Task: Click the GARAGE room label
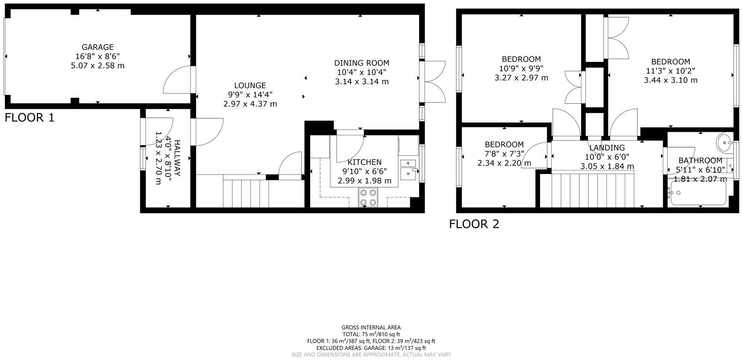pos(97,47)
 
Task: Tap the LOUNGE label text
pos(250,85)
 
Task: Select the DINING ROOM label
pos(361,63)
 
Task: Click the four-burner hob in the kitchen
pos(368,197)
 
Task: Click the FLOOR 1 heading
pos(30,118)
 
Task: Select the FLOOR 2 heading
pos(474,224)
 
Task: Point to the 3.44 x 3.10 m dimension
pos(670,80)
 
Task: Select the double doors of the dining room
pos(435,82)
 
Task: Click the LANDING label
pos(607,148)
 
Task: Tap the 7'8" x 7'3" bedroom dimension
pos(504,154)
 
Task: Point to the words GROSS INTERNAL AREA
pos(371,327)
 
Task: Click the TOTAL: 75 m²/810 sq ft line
pos(371,334)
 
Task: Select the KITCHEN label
pos(364,162)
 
